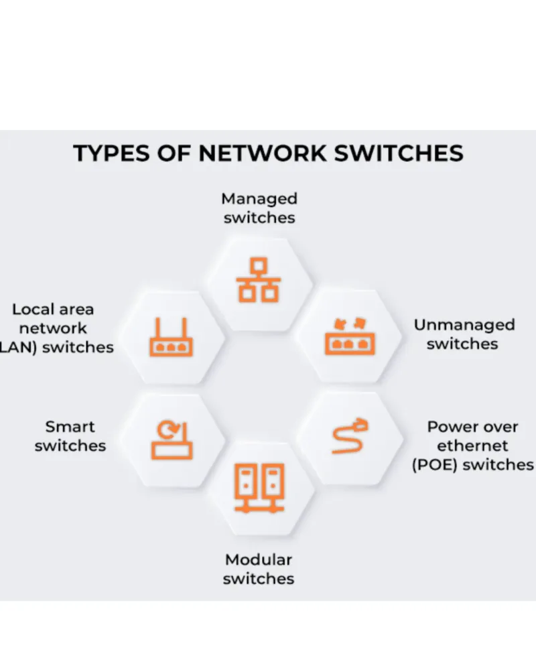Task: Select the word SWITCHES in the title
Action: tap(398, 153)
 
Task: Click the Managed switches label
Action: tap(259, 208)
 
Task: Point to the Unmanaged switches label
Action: tap(464, 334)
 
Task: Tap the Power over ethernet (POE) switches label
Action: tap(473, 446)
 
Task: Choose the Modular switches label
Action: tap(259, 568)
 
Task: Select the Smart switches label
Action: tap(70, 435)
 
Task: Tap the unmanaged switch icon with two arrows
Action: tap(350, 336)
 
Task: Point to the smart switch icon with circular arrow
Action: tap(172, 440)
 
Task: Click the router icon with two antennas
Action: tap(171, 338)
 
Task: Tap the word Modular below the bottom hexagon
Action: tap(259, 559)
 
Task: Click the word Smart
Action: tap(70, 427)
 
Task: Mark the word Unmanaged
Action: tap(464, 326)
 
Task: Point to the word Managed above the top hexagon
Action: tap(259, 199)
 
